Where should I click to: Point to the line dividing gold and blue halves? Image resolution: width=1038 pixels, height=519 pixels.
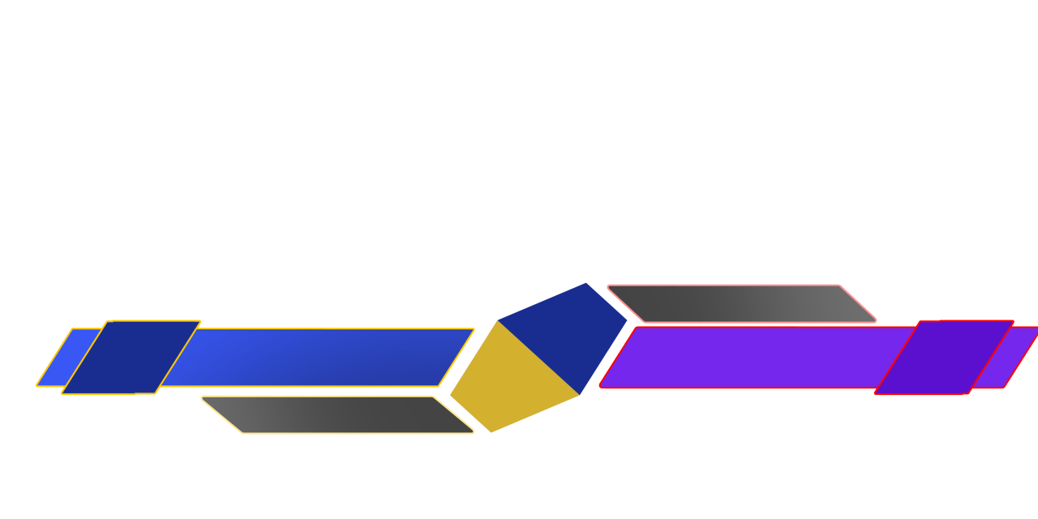coord(538,358)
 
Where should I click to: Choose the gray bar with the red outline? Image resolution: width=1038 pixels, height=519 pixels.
coord(742,303)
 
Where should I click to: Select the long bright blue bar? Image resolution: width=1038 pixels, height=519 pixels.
coord(316,357)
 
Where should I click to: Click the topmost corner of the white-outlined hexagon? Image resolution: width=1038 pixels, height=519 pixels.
coord(586,282)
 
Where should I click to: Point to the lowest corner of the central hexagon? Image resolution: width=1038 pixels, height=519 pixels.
coord(491,433)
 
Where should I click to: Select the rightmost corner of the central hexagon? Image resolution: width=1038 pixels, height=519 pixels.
coord(628,320)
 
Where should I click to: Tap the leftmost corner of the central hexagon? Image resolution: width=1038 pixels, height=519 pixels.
coord(449,396)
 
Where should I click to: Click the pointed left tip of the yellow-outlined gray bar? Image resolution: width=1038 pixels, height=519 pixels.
coord(202,397)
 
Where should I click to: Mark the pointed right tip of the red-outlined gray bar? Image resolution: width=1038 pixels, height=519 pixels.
coord(876,321)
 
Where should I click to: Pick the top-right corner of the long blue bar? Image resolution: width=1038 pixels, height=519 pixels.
coord(474,328)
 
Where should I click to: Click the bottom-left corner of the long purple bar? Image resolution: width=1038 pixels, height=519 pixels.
coord(600,388)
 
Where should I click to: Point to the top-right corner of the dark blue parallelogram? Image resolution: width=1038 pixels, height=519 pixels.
coord(200,321)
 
